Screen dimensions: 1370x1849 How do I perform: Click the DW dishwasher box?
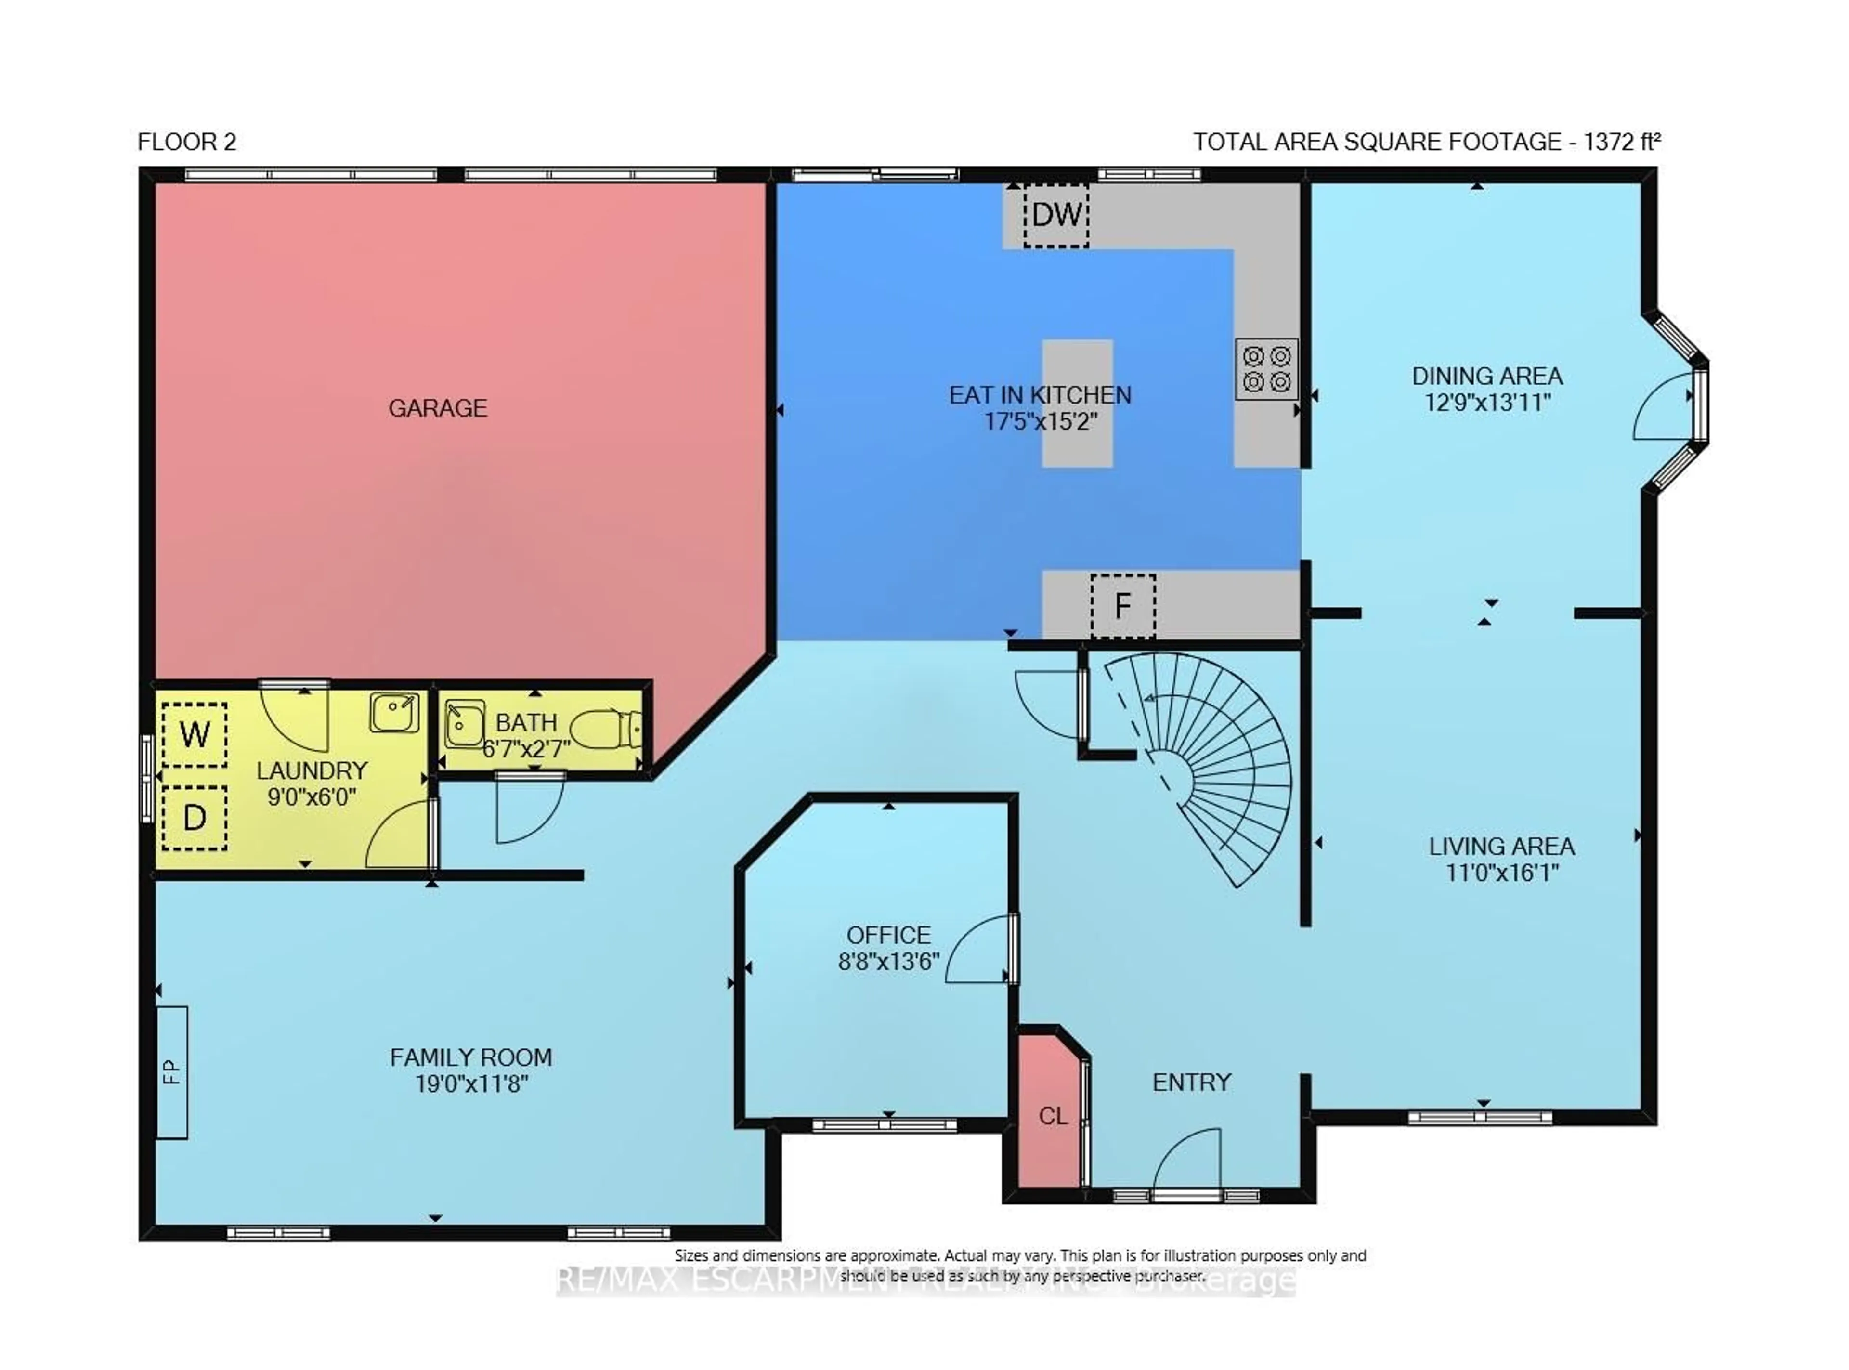[x=1055, y=215]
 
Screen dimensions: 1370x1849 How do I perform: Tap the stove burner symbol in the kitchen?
[x=1266, y=369]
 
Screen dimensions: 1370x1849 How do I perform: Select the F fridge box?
[x=1123, y=606]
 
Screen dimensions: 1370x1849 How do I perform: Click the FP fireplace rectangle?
[x=171, y=1071]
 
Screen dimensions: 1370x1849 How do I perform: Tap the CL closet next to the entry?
[x=1051, y=1115]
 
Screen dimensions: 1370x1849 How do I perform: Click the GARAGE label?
[x=438, y=408]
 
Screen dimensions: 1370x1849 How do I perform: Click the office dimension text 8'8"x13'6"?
[x=888, y=961]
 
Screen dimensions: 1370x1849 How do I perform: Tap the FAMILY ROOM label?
[x=470, y=1057]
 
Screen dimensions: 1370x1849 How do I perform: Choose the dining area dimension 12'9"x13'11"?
[x=1486, y=402]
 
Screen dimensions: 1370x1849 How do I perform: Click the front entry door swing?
[x=1185, y=1161]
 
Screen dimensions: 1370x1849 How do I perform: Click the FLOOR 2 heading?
[x=186, y=142]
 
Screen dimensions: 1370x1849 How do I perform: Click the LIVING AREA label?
[x=1501, y=846]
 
